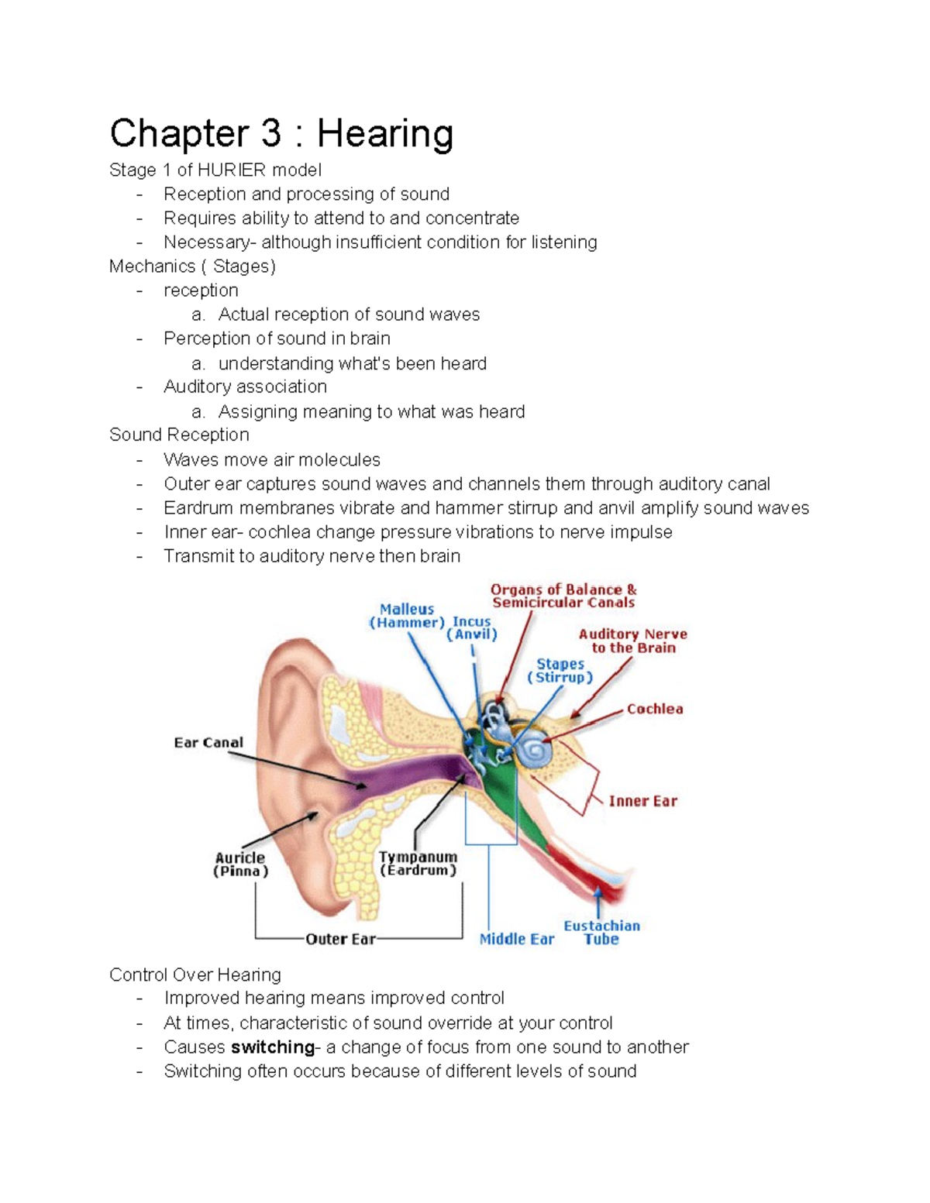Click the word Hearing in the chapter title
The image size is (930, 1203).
click(x=384, y=134)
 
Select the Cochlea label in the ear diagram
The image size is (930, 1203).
click(x=655, y=709)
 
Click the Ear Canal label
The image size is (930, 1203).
click(x=208, y=742)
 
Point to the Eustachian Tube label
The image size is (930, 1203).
click(x=601, y=932)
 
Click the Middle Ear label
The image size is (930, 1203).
click(x=517, y=939)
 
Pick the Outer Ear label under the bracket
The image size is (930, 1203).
click(x=340, y=939)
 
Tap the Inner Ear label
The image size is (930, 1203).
click(x=642, y=801)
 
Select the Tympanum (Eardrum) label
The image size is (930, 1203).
click(x=418, y=864)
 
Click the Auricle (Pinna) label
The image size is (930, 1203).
click(x=240, y=864)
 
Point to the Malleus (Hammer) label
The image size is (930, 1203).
click(x=407, y=616)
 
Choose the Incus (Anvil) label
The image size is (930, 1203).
click(x=472, y=627)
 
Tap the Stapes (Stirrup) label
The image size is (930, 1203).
click(x=560, y=671)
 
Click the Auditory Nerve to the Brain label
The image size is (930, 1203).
click(x=633, y=641)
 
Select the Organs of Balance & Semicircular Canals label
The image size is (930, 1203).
click(x=563, y=596)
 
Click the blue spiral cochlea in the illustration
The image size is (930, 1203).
click(x=534, y=751)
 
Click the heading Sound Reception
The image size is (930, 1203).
click(x=179, y=435)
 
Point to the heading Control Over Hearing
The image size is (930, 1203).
click(x=195, y=974)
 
